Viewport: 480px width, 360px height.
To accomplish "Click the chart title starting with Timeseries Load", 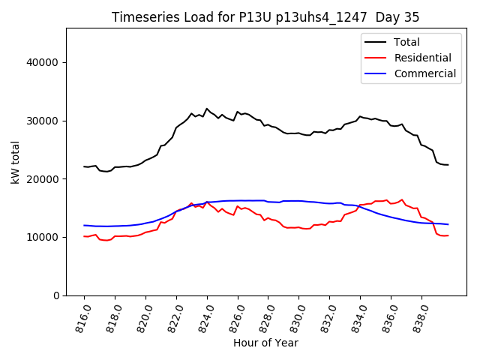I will [265, 17].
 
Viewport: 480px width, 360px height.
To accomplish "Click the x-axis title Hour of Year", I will [265, 343].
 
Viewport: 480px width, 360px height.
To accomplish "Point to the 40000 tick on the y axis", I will [46, 62].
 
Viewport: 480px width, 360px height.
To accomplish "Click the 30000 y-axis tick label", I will [46, 121].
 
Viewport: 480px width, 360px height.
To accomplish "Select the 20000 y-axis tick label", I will [46, 179].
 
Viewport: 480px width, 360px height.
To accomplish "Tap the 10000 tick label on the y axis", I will [46, 237].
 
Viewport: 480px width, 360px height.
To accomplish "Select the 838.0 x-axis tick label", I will [418, 316].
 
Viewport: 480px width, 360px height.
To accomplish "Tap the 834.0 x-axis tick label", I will [357, 316].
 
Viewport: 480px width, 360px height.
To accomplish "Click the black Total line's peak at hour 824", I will [207, 109].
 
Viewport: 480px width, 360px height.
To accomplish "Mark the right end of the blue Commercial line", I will [448, 224].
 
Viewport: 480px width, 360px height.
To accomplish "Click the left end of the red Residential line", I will [84, 236].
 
